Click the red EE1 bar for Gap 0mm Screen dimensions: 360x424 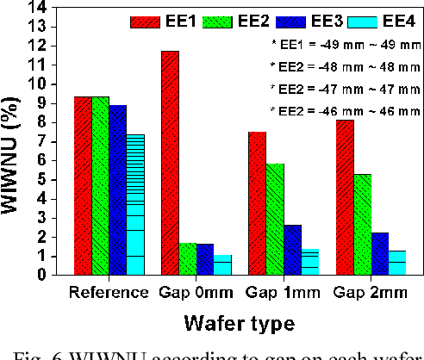point(169,164)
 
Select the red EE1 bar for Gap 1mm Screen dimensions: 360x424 point(255,203)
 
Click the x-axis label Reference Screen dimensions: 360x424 point(109,292)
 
